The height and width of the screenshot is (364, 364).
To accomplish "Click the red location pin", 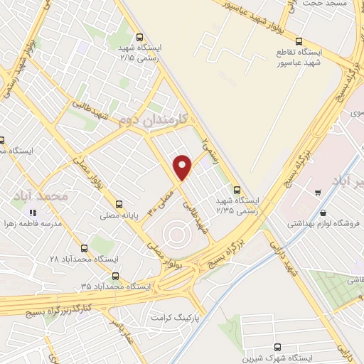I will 183,167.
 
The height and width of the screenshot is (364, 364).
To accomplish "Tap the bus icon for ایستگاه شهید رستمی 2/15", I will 139,38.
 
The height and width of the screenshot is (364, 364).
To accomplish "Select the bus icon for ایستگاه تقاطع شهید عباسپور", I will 299,41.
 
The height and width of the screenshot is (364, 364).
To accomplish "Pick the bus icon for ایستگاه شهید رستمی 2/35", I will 237,190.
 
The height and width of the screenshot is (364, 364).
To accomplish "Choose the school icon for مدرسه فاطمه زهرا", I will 32,213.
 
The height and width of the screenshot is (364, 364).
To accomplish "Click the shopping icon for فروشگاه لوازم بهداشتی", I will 323,213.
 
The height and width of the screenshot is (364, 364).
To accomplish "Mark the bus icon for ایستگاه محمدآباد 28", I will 85,248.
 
